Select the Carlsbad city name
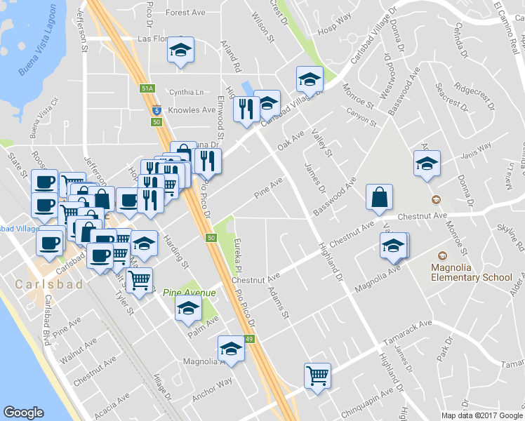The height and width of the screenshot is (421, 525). (x=48, y=284)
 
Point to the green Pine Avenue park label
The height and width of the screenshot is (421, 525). (x=189, y=292)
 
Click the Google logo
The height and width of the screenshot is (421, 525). (x=24, y=413)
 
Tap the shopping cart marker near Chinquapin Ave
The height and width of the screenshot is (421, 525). (x=317, y=375)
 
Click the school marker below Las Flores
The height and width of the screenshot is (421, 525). (x=181, y=50)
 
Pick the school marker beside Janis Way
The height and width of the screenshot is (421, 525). (x=427, y=163)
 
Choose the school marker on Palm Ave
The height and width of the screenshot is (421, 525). (x=188, y=309)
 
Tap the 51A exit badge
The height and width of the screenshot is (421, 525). (x=146, y=88)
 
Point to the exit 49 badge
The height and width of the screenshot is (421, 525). (x=249, y=339)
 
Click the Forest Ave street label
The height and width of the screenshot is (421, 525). (x=185, y=13)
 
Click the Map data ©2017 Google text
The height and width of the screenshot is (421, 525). (x=481, y=415)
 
